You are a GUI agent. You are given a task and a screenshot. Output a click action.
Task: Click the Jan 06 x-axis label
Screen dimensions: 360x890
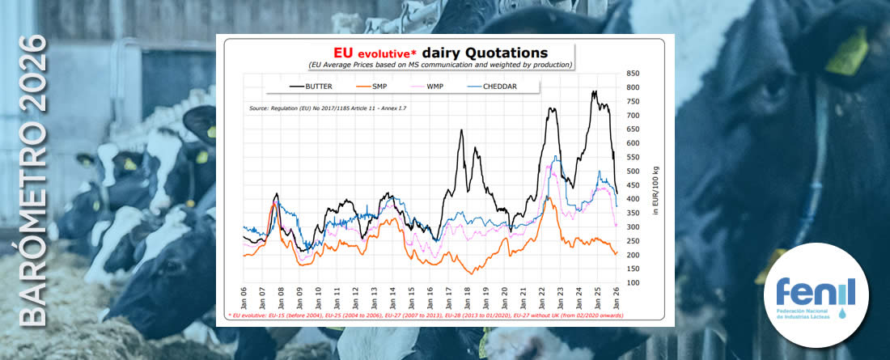pos(243,295)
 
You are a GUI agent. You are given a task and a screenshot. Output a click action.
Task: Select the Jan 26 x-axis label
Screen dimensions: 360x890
pos(616,295)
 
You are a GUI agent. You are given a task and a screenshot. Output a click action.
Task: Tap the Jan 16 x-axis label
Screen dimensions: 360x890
pos(430,295)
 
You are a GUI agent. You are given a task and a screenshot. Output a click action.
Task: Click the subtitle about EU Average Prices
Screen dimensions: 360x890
pos(440,65)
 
